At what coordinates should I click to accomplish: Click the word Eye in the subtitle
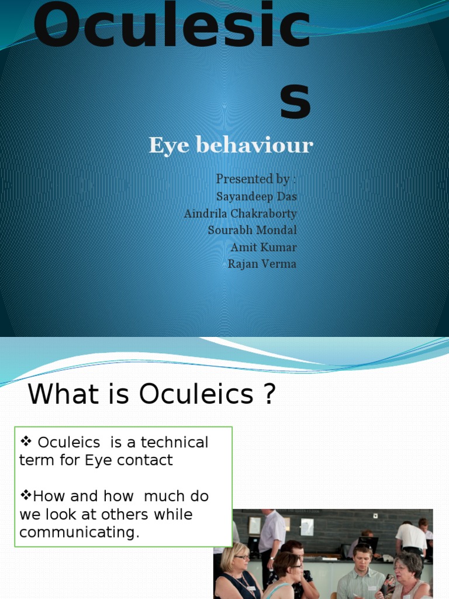click(167, 145)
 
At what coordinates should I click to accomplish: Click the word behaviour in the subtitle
click(254, 146)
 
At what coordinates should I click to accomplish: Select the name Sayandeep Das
click(256, 197)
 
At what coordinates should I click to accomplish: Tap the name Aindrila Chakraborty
click(240, 214)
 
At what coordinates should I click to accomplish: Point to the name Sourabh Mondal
click(252, 230)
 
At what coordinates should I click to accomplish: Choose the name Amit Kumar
click(264, 247)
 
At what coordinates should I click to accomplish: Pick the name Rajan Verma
click(262, 264)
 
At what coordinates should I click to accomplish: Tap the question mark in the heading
click(268, 395)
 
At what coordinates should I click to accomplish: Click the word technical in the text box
click(175, 442)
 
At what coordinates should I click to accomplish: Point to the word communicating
click(80, 533)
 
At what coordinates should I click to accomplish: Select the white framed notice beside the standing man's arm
click(306, 526)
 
